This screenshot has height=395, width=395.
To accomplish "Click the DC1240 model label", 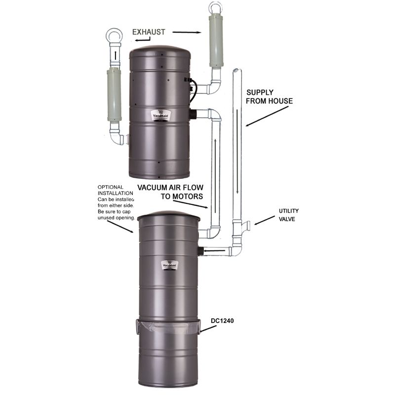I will click(x=222, y=320).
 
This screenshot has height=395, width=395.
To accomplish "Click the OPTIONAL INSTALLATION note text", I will click(x=117, y=202).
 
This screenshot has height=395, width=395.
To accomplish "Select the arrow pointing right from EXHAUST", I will click(x=187, y=32).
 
